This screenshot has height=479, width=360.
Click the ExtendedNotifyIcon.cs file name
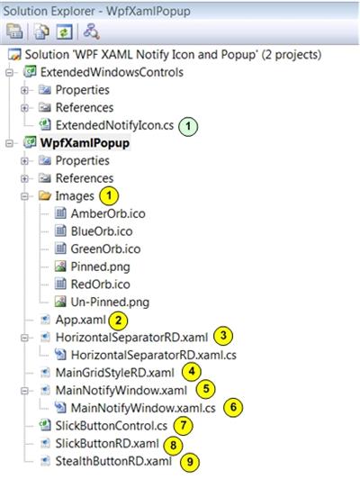point(114,125)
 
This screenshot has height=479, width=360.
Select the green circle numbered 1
point(188,126)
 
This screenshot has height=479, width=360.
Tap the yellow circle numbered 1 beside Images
point(109,195)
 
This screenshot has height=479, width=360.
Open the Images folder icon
point(45,195)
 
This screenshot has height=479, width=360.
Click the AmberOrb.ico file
point(108,213)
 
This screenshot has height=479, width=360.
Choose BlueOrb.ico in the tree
point(102,231)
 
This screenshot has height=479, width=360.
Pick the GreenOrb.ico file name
point(105,249)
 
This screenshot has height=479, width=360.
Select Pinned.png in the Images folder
point(101,267)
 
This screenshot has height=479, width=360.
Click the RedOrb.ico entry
point(101,285)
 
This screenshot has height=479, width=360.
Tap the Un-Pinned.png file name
point(110,303)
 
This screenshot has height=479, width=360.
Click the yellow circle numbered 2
point(118,321)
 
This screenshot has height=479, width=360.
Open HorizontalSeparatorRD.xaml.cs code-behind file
point(154,355)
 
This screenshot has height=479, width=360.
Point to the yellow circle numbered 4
point(192,372)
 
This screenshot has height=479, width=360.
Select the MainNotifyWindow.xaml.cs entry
point(143,408)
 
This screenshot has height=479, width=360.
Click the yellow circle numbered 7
point(184,426)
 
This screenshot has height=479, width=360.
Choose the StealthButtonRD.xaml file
point(113,461)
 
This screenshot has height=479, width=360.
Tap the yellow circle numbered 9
point(190,462)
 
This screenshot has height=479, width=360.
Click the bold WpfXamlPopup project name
point(85,143)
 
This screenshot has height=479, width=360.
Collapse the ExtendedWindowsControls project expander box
point(10,73)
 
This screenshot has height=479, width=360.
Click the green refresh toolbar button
point(64,32)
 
